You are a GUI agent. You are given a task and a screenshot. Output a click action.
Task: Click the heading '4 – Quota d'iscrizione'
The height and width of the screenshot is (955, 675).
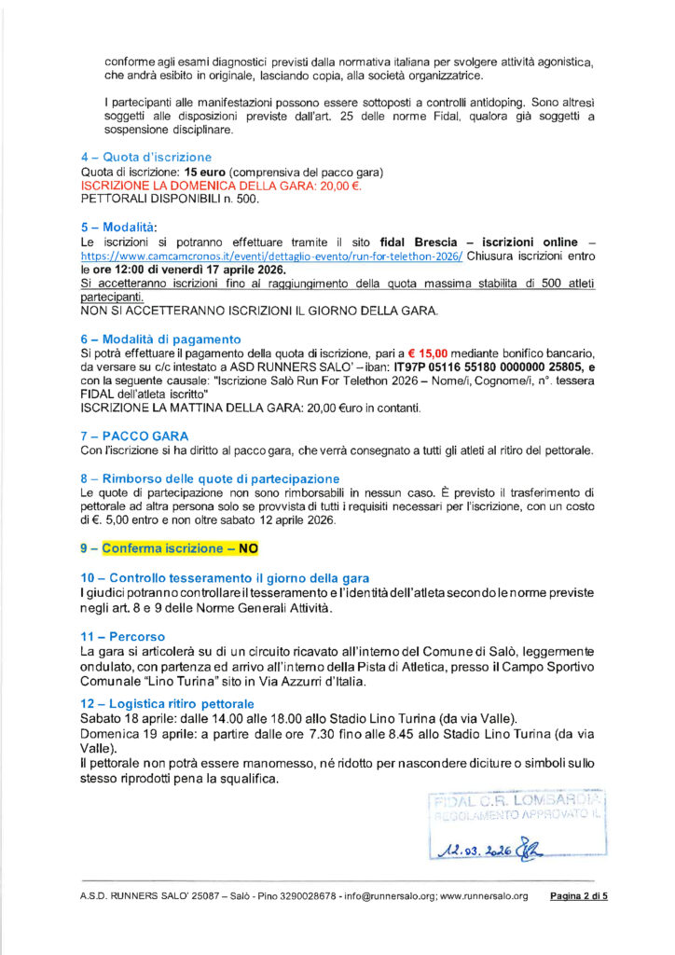point(146,157)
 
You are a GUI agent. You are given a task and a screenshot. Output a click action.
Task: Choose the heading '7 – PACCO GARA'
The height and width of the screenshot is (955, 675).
point(134,436)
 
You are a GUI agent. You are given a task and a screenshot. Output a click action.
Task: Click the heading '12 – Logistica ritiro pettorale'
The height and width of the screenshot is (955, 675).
point(168,702)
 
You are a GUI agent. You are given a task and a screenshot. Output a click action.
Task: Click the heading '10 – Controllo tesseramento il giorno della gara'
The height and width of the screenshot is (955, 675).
point(225,578)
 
